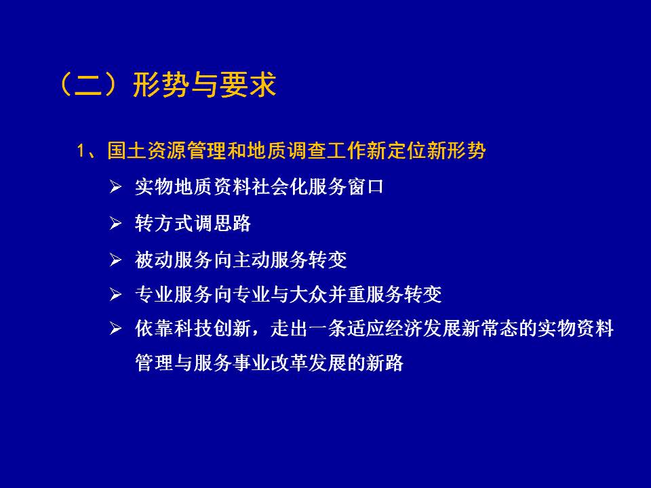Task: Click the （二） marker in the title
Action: coord(88,85)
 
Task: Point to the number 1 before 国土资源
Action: coord(81,150)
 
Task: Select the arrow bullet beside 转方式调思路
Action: coord(115,223)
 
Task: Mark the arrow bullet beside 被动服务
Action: coord(115,260)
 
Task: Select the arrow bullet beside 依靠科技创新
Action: coord(115,329)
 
